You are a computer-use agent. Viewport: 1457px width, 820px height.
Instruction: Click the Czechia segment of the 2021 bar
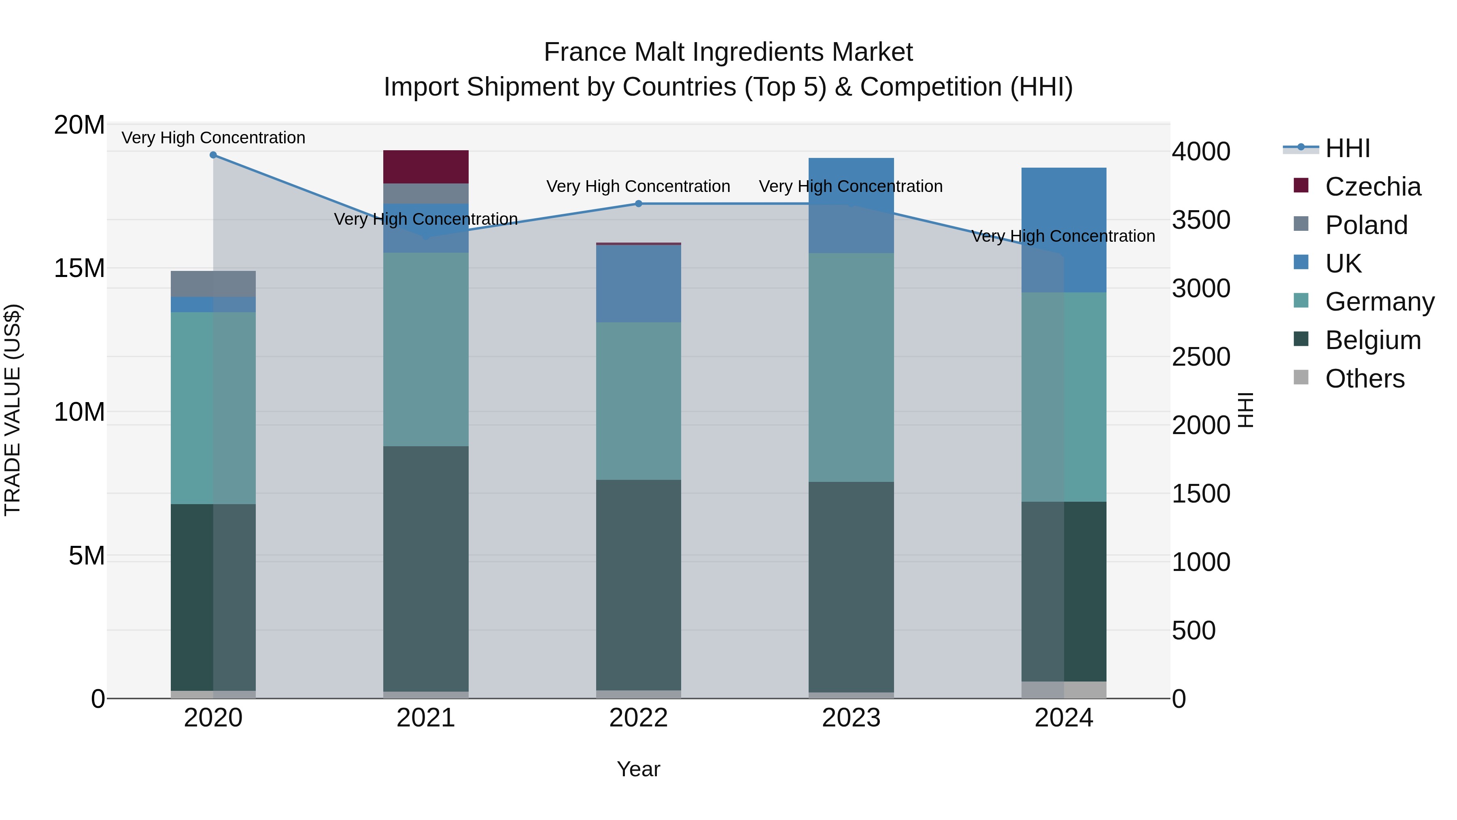425,166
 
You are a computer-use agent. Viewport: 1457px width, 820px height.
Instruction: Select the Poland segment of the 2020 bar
213,283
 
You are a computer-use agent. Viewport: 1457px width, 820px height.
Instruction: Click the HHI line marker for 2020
213,155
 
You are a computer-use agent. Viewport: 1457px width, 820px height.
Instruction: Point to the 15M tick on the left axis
79,268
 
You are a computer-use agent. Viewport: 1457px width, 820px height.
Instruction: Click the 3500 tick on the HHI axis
1201,220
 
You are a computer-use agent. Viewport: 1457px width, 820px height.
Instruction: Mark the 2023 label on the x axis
851,718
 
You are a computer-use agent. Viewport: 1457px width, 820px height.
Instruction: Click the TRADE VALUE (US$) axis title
13,410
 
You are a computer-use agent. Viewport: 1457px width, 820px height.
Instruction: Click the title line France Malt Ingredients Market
728,52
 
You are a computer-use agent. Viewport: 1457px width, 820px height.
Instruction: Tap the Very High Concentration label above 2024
1063,236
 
